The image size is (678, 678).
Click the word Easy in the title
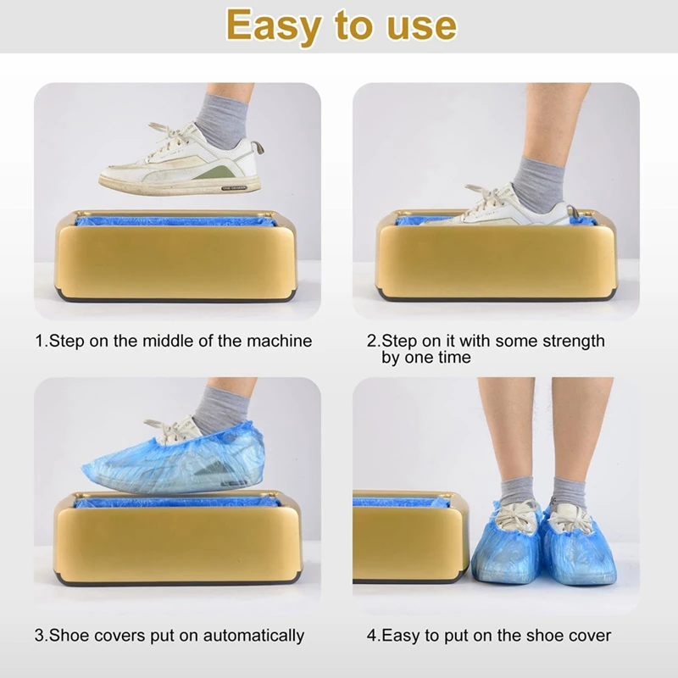(273, 25)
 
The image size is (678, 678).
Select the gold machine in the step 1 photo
(176, 258)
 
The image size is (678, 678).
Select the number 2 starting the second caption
(371, 341)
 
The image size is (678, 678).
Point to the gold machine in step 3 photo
(176, 542)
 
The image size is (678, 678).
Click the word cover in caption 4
(588, 635)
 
